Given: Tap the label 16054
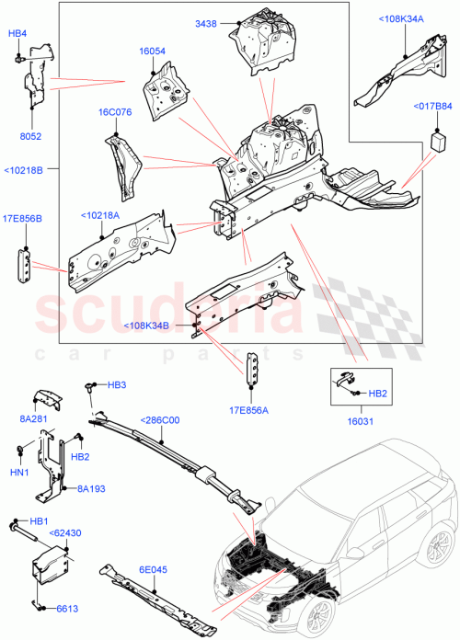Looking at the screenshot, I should (153, 51).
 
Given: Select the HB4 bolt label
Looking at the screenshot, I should (17, 34).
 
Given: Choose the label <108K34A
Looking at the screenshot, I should (399, 17).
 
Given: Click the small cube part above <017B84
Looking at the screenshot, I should (439, 143).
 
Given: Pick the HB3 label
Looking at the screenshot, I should (117, 384).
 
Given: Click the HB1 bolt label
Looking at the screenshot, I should (38, 521).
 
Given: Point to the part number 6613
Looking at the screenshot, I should (65, 608).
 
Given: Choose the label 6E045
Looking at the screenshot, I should (153, 569).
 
